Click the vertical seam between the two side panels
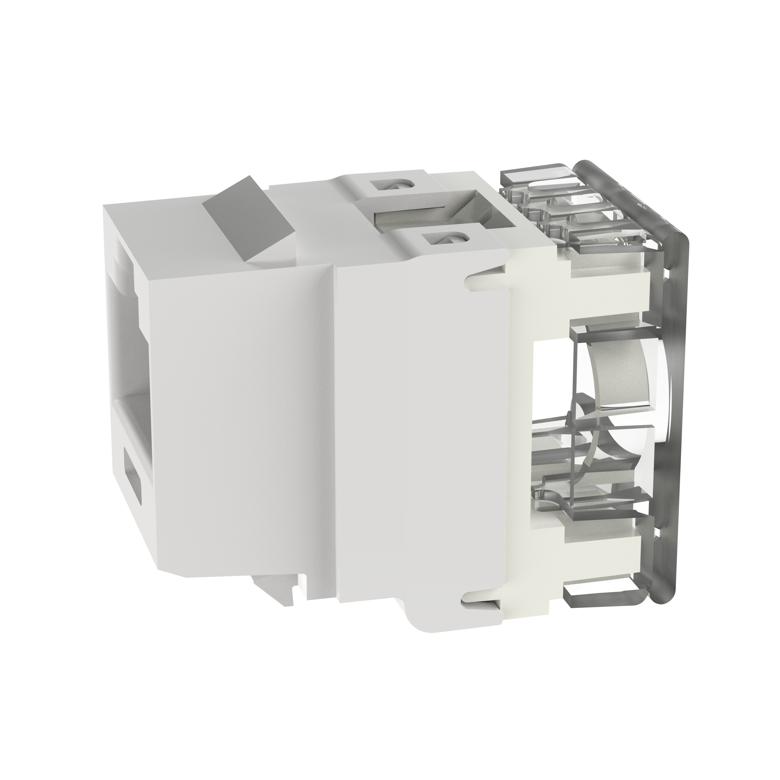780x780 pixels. tap(334, 424)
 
